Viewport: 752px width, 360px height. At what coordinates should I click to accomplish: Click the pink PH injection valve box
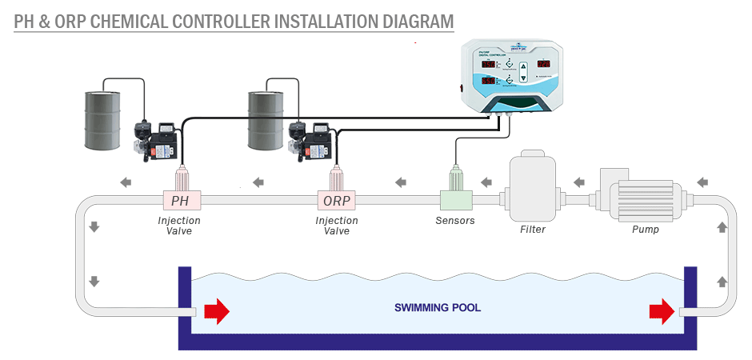[181, 200]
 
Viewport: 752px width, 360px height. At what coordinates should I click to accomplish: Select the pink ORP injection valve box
[337, 200]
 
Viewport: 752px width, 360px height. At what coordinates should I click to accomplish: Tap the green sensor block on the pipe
[456, 199]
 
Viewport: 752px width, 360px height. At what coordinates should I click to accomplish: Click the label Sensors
[455, 221]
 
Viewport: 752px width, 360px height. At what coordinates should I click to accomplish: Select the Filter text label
[533, 230]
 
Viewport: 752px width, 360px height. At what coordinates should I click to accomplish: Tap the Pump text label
[646, 230]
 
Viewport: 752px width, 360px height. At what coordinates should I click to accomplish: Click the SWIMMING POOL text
[438, 307]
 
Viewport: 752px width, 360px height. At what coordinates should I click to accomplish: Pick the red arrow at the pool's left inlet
[217, 310]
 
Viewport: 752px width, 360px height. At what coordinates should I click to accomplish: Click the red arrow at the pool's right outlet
[662, 310]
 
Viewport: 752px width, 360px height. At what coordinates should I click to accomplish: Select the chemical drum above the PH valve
[103, 119]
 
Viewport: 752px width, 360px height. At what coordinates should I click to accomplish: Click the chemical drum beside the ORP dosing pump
[266, 120]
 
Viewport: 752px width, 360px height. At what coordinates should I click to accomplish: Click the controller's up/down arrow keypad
[523, 73]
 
